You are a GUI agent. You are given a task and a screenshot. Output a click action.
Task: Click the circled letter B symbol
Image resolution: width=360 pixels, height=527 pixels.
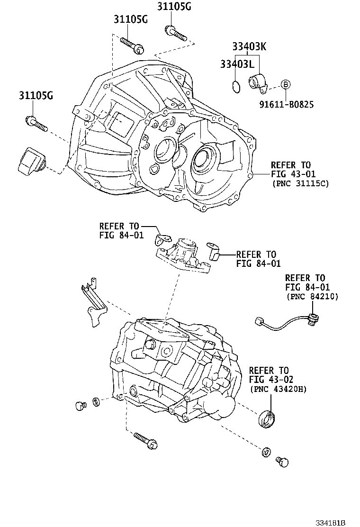[285, 84]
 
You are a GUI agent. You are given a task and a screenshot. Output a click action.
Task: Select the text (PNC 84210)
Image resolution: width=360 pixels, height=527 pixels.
[312, 296]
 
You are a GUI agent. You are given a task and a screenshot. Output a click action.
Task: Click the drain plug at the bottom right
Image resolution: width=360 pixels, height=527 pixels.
[283, 461]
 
